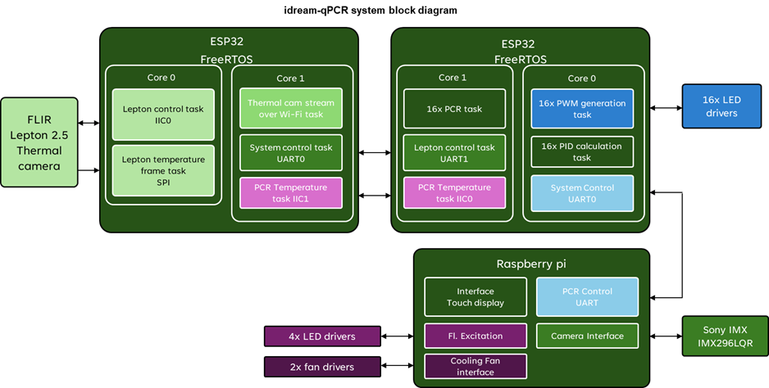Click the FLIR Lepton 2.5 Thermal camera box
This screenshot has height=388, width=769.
(x=39, y=142)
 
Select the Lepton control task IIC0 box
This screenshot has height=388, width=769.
(x=163, y=115)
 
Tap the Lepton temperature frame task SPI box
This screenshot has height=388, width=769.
(x=163, y=171)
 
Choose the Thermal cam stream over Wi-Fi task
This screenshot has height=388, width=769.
(x=291, y=109)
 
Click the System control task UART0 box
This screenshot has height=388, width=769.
(x=291, y=153)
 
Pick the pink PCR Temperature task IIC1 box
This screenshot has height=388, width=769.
(x=291, y=192)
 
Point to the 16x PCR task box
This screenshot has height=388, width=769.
(x=454, y=109)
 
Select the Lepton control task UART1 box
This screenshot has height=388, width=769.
(x=454, y=153)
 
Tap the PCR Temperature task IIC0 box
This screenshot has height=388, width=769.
(x=454, y=192)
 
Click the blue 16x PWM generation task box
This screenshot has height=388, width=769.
(x=582, y=109)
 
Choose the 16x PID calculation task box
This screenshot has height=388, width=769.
(x=582, y=151)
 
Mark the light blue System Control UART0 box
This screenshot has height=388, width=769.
(x=582, y=193)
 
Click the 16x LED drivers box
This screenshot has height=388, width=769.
(x=721, y=106)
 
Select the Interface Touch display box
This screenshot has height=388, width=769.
(x=476, y=296)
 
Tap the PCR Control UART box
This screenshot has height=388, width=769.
(x=587, y=296)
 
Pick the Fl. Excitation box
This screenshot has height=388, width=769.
(x=476, y=336)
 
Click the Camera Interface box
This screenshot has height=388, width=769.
(x=587, y=336)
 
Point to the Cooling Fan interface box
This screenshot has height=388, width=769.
(x=476, y=366)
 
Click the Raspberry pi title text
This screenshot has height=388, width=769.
(x=531, y=264)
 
